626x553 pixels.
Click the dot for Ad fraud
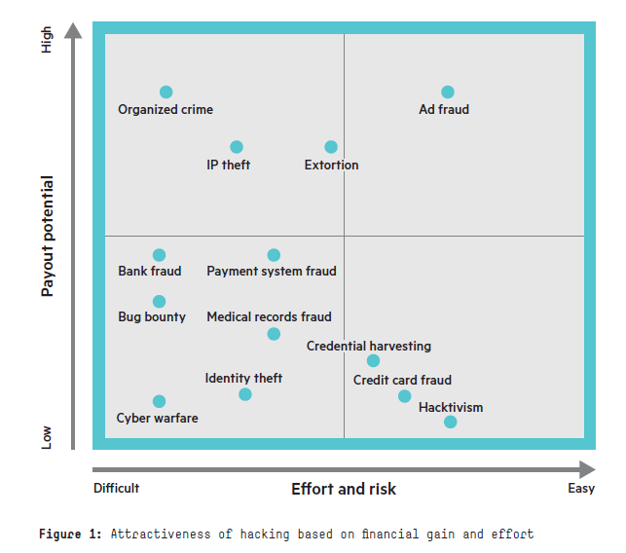click(448, 92)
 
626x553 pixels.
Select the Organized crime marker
click(166, 92)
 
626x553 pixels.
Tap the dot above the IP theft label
click(237, 147)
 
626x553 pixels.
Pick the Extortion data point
click(331, 147)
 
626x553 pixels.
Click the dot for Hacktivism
click(450, 422)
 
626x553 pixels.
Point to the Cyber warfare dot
click(160, 401)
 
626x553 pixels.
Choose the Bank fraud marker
click(160, 255)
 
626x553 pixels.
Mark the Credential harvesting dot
click(373, 361)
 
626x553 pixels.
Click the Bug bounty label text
click(152, 317)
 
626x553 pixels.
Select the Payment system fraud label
click(272, 272)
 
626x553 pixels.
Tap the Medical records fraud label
click(269, 317)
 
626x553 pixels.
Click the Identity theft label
click(243, 379)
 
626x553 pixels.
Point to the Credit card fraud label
click(402, 381)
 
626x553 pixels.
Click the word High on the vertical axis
click(48, 40)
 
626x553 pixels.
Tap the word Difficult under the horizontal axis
click(117, 489)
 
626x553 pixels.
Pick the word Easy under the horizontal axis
click(581, 489)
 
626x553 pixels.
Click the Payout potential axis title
click(48, 236)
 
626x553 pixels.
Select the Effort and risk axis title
click(344, 489)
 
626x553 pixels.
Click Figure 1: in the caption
click(71, 534)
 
